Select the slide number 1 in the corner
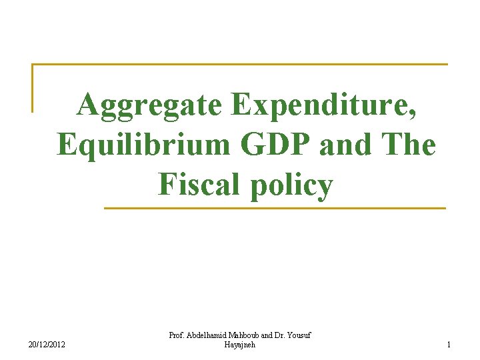[x=449, y=344]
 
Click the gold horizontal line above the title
[x=240, y=65]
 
